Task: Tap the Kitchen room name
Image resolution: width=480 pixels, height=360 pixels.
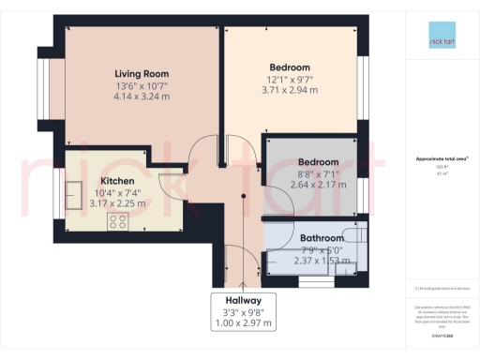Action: point(118,180)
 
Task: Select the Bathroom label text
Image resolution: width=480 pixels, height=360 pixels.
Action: point(322,238)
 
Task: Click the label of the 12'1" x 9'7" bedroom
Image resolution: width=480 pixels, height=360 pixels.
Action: point(291,67)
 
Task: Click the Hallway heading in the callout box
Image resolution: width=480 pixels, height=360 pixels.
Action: point(243,301)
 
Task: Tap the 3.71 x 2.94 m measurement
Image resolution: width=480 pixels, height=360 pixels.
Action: point(291,91)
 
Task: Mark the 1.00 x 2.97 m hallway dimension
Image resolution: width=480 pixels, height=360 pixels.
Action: point(243,323)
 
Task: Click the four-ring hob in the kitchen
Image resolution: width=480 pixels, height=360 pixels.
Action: point(119,221)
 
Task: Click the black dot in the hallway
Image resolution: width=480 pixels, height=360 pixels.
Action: point(244,196)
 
